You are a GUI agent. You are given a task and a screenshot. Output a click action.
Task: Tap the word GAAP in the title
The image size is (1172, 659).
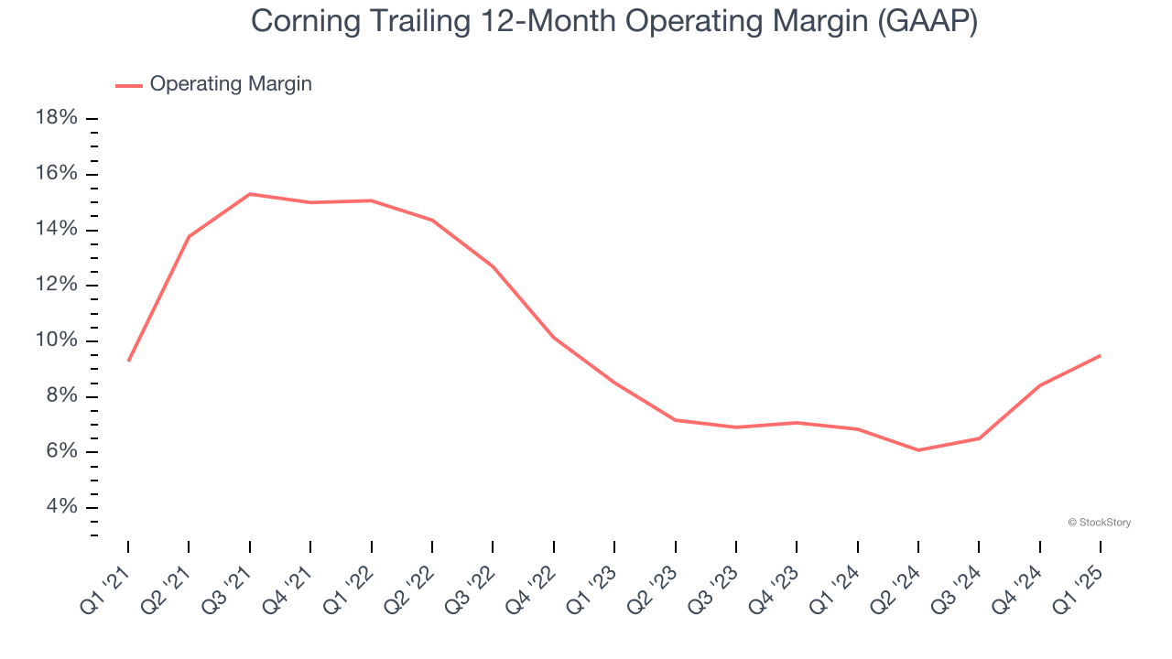click(x=926, y=22)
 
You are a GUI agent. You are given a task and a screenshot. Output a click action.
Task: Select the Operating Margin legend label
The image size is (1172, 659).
click(x=231, y=84)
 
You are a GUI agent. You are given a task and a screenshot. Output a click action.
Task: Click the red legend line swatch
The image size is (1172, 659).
click(x=129, y=85)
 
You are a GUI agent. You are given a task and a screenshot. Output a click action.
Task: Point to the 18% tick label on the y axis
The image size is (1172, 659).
click(x=56, y=118)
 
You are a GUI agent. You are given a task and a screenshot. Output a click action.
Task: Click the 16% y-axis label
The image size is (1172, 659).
click(x=56, y=174)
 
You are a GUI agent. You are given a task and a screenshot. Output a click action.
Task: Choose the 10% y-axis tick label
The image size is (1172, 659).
click(x=56, y=340)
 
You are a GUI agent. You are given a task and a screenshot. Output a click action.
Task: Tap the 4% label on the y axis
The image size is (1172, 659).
click(x=61, y=507)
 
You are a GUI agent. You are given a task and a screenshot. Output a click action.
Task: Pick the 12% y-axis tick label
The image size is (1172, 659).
click(x=56, y=285)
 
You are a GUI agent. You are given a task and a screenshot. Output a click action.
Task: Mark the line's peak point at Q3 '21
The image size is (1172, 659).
click(x=249, y=194)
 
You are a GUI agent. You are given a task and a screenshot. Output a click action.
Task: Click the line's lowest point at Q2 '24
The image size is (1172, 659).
click(x=918, y=449)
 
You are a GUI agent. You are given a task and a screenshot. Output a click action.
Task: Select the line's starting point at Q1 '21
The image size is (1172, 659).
click(x=128, y=361)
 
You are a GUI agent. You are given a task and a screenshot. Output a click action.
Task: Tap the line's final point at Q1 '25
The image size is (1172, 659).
click(x=1100, y=355)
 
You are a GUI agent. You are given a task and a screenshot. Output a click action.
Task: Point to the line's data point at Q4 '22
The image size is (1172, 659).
click(x=554, y=338)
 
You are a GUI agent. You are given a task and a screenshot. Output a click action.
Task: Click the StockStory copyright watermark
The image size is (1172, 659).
click(x=1099, y=523)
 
